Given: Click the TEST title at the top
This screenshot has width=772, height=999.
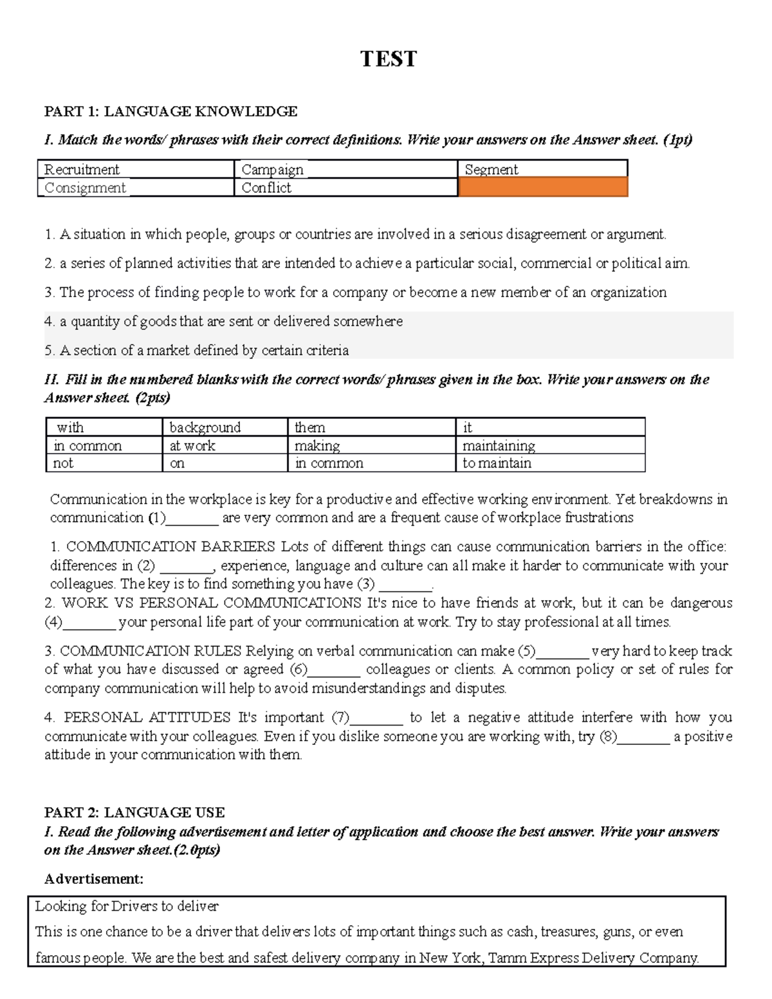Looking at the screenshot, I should coord(388,59).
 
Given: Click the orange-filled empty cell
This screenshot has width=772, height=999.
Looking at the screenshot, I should coord(542,187).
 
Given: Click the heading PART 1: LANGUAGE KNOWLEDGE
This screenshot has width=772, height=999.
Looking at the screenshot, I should coord(170,112).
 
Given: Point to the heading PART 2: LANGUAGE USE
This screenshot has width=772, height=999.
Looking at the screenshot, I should coord(134,812).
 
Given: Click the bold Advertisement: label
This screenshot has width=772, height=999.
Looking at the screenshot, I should coord(93,879).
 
